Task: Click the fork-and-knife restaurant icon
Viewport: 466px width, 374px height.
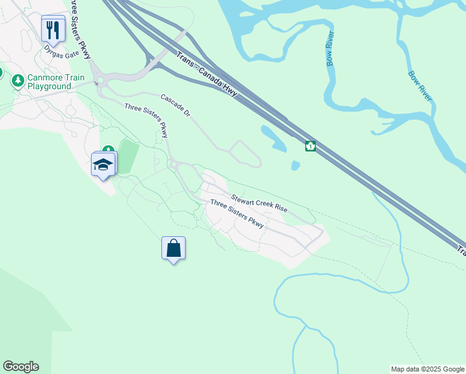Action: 53,29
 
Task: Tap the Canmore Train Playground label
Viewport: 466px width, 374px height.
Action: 56,82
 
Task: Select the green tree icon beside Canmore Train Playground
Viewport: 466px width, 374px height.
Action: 18,81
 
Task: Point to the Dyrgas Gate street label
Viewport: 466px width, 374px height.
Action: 59,54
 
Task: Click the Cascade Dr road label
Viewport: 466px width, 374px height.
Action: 175,107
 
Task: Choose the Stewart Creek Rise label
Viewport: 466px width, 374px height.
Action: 259,203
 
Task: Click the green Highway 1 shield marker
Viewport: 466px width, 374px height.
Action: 310,146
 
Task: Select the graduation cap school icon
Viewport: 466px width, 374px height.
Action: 103,165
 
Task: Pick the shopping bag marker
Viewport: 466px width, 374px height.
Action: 173,248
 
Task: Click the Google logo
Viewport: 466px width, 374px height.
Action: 21,367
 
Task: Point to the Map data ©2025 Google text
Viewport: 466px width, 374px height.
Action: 427,369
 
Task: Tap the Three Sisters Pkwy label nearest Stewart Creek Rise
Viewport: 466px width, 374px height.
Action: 237,213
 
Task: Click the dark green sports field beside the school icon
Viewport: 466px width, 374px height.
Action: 128,156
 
